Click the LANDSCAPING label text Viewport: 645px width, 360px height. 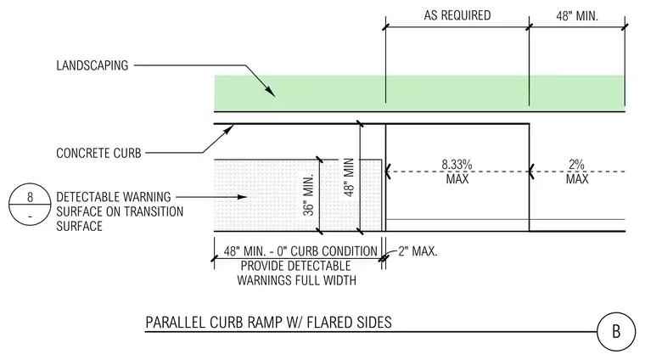(93, 65)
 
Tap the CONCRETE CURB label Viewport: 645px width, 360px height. (98, 153)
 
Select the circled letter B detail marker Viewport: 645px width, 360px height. (616, 332)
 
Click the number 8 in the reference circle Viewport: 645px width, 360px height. (30, 197)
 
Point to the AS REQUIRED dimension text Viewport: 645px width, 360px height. (457, 15)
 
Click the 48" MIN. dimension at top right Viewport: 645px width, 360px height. (577, 15)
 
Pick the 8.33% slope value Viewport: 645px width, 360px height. (457, 165)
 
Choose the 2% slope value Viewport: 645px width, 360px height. (577, 165)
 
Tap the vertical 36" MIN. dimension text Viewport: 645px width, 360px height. (309, 194)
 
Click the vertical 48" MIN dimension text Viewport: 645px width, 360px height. (349, 177)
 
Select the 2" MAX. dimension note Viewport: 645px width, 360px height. (418, 251)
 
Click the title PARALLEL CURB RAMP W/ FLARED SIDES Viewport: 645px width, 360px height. (269, 322)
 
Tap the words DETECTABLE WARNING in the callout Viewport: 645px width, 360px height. (114, 197)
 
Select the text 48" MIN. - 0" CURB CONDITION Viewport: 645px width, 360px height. (300, 251)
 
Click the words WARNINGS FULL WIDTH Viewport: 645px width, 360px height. (296, 280)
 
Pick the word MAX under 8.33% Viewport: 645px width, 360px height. (457, 179)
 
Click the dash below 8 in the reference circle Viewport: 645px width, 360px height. (30, 217)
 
